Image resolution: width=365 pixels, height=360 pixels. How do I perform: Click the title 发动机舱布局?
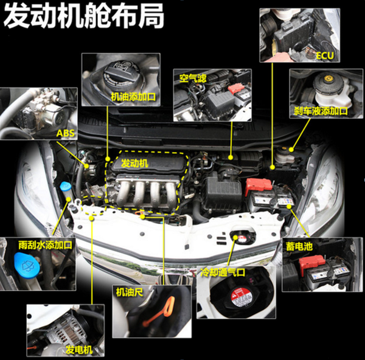[84, 16]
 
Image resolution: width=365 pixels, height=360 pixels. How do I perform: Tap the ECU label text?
[325, 55]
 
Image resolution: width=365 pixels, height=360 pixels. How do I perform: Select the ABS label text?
[66, 133]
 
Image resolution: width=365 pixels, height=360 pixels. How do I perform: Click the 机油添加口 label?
[133, 97]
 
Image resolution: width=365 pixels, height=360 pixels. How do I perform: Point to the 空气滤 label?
[193, 78]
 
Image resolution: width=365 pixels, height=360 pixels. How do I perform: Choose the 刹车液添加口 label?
[321, 111]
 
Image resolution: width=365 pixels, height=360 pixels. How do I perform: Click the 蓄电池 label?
[299, 246]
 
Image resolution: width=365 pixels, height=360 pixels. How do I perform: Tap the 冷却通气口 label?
[223, 272]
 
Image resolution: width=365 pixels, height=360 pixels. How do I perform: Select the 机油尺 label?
[130, 292]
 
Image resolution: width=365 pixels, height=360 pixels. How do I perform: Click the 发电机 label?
[79, 350]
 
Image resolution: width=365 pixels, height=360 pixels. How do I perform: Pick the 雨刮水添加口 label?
[46, 245]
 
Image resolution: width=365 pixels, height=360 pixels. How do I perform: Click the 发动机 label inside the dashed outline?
[134, 164]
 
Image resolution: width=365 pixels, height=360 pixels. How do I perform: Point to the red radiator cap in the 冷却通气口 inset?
[241, 297]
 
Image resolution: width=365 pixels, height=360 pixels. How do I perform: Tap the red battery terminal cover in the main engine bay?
[259, 185]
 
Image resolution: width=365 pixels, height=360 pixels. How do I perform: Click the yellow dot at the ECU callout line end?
[273, 167]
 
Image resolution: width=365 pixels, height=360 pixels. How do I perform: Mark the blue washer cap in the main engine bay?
[65, 186]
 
